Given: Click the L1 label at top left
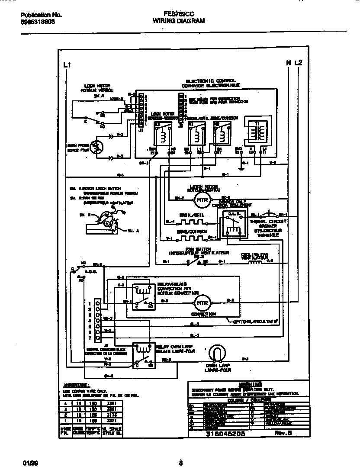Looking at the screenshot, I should coord(67,64).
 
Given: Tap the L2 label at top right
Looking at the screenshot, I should coord(298,63).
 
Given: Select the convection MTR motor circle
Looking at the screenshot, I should coord(200,302).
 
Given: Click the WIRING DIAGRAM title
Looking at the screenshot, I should coord(179,20).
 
